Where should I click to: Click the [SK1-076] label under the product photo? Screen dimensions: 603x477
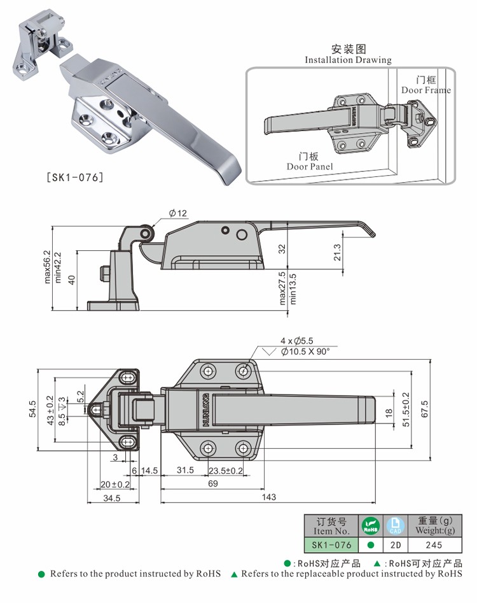pos(74,178)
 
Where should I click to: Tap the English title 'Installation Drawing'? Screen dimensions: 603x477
pos(348,60)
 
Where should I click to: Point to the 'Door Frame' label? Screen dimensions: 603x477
pos(425,90)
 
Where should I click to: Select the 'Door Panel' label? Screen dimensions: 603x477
pos(310,166)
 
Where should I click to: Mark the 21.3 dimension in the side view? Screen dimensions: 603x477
pos(337,252)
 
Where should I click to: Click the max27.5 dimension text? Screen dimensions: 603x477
pos(284,288)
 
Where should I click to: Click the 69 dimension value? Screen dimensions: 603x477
pos(212,483)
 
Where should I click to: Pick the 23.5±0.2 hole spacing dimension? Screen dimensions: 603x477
pos(226,471)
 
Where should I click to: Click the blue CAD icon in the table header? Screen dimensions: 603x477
pos(396,526)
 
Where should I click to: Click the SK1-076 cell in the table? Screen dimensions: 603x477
pos(331,545)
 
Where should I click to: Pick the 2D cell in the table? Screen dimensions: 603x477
pos(396,545)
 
